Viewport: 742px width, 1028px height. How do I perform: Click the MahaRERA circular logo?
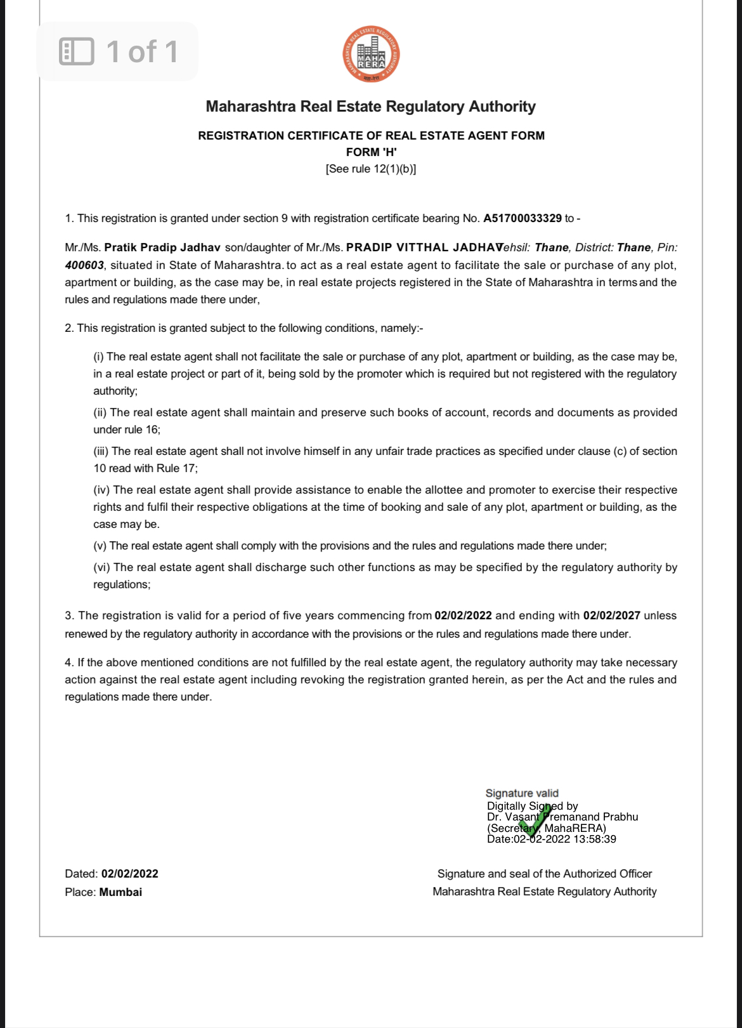(x=371, y=54)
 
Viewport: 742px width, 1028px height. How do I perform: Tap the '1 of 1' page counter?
(x=142, y=51)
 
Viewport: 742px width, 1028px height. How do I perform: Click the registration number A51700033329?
(x=522, y=218)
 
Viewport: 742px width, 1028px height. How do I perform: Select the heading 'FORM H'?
(x=371, y=152)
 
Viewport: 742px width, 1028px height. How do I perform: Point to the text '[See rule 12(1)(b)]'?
(x=371, y=169)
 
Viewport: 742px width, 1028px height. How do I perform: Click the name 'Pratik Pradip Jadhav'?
(x=162, y=247)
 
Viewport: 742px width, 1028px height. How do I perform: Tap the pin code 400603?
(x=84, y=265)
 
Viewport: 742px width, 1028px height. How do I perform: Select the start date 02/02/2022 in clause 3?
(x=463, y=616)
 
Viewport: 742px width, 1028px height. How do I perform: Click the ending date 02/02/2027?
(x=611, y=616)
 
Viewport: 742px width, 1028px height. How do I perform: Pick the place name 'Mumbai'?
(x=120, y=892)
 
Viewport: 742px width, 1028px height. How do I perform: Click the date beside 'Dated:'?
(x=129, y=874)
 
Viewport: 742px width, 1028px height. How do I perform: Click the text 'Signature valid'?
(x=522, y=793)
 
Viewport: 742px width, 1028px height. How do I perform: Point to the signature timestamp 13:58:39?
(x=594, y=840)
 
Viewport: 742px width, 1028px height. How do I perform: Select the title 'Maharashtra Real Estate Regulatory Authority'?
(x=371, y=107)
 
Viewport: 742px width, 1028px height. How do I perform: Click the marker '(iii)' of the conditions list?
(x=101, y=451)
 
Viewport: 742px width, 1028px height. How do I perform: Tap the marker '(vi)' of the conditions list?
(x=102, y=567)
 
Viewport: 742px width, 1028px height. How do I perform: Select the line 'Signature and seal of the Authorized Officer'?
(x=544, y=874)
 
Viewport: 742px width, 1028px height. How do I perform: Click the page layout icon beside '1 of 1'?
(x=76, y=51)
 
